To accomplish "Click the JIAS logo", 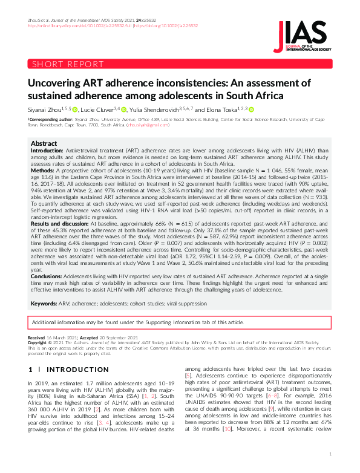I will click(x=303, y=35).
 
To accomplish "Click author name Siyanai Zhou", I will click(x=45, y=109).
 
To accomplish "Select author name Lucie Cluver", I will click(x=98, y=109).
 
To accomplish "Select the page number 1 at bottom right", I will click(x=330, y=453).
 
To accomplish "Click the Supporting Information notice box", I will click(x=180, y=322).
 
